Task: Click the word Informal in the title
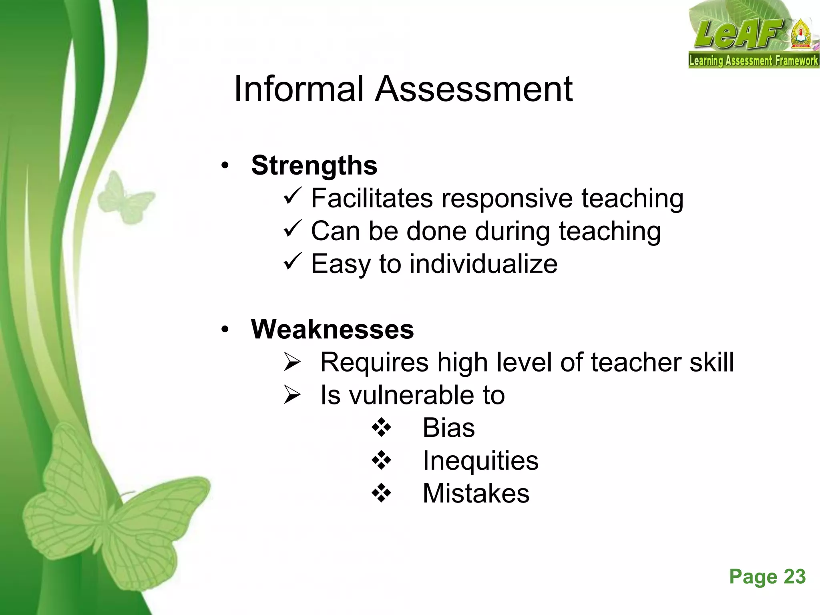click(299, 89)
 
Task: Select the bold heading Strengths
click(314, 165)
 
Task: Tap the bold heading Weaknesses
click(332, 329)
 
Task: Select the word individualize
click(483, 264)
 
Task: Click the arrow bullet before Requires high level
click(292, 362)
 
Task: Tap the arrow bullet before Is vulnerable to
click(292, 395)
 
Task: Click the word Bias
click(448, 428)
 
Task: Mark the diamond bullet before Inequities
click(381, 460)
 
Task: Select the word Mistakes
click(476, 493)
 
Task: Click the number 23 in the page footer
click(794, 577)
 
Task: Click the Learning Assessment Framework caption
click(753, 61)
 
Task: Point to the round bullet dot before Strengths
click(225, 165)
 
